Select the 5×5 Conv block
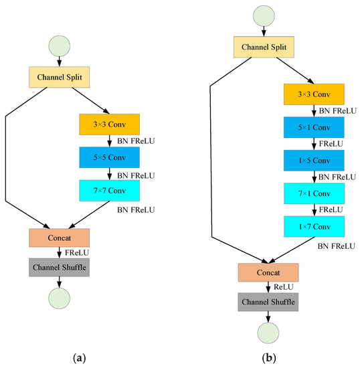109,158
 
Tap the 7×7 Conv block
109,191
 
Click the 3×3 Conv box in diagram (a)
109,125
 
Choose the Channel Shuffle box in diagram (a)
60,268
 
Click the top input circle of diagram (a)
60,47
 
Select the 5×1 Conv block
314,128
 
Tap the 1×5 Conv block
314,161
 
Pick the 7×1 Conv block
314,193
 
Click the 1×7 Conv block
314,226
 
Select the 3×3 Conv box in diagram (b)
314,95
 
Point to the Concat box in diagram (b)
268,272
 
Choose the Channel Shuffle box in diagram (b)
268,302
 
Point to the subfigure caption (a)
80,358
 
